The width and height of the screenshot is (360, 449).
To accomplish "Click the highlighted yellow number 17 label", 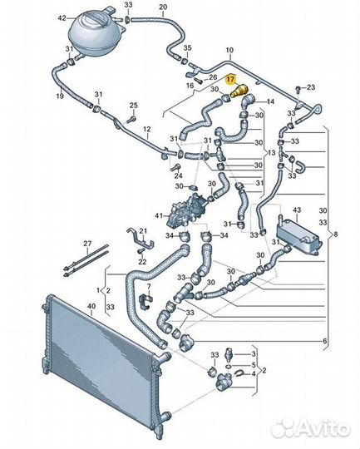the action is (230, 80).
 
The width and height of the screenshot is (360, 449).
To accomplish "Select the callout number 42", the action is (62, 18).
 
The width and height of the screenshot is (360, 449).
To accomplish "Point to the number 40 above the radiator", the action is (91, 306).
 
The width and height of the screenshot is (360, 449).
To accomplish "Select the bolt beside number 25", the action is (130, 119).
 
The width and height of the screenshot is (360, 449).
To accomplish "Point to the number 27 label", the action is (87, 244).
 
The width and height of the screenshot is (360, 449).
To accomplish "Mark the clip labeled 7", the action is (146, 302).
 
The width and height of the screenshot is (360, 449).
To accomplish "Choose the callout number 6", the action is (324, 341).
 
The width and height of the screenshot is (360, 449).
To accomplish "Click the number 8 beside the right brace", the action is (335, 234).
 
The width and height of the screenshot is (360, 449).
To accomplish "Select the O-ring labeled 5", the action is (229, 366).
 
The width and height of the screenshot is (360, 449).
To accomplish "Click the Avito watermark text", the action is (323, 428).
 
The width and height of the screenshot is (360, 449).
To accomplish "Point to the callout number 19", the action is (60, 96).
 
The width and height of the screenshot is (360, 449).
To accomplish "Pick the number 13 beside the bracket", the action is (272, 152).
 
